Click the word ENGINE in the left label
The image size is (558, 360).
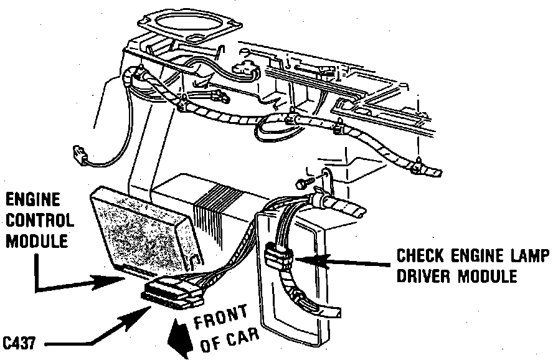point(34,200)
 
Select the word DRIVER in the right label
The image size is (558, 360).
point(423,275)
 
